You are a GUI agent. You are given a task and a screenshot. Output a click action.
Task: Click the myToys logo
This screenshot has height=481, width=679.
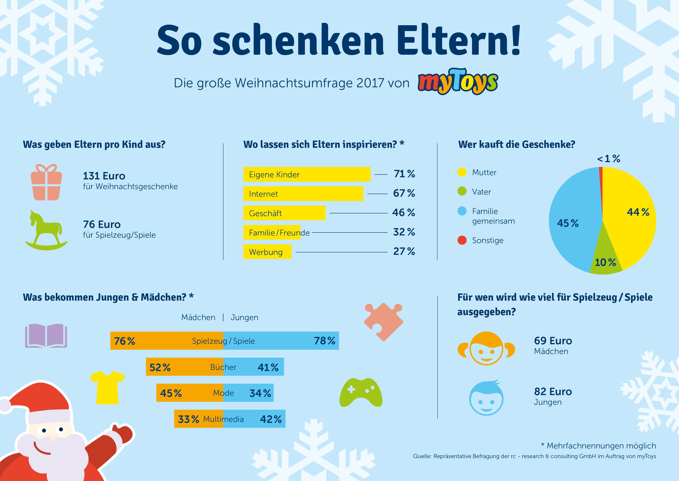(458, 81)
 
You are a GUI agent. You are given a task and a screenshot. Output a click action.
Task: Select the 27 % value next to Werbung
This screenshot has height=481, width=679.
(404, 252)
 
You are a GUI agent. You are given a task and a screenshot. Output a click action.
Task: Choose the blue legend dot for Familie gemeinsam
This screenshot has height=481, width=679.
(462, 211)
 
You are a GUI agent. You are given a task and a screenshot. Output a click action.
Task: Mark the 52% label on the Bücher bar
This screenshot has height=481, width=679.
(160, 367)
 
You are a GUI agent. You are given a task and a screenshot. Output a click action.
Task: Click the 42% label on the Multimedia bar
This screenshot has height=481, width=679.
(271, 419)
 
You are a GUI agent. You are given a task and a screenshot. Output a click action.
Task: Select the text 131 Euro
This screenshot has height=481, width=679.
(104, 176)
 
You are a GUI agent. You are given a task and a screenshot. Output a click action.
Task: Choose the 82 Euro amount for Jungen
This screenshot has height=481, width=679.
(553, 392)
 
